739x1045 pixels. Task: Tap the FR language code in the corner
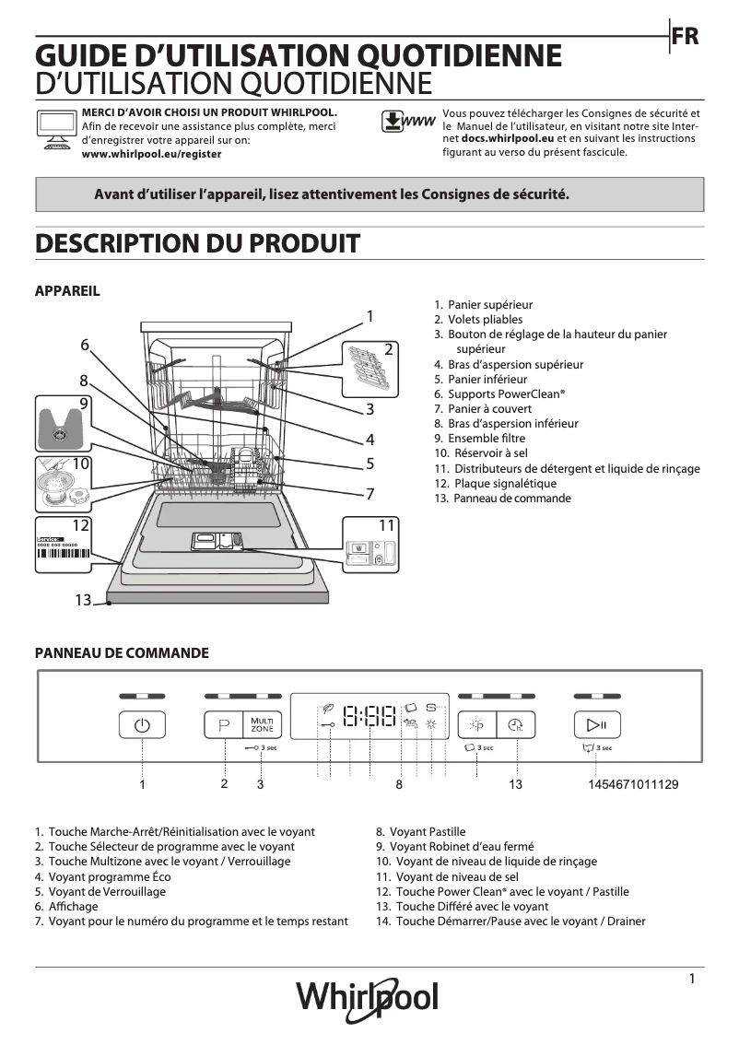click(x=685, y=37)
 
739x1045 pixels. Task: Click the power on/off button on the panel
click(x=142, y=725)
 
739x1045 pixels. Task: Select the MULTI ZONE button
click(x=260, y=725)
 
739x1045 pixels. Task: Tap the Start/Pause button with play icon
click(x=596, y=725)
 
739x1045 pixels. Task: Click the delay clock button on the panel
click(x=515, y=725)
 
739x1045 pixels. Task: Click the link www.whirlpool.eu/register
click(x=152, y=155)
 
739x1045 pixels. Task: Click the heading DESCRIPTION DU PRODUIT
click(x=196, y=244)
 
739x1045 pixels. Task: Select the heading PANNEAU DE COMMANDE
click(x=122, y=653)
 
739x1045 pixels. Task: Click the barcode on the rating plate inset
click(x=62, y=555)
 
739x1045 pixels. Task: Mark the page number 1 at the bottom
click(x=691, y=979)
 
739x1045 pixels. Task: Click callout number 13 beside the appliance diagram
click(x=83, y=601)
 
